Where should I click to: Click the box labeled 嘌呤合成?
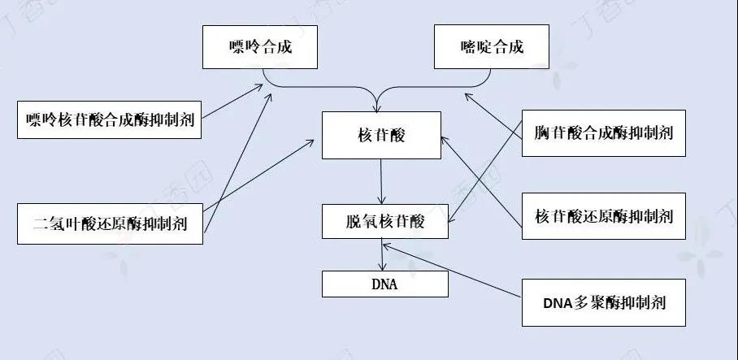[x=259, y=46]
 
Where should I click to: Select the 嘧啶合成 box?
[x=491, y=46]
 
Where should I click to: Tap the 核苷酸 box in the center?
[x=380, y=135]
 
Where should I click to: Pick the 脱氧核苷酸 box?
[x=384, y=220]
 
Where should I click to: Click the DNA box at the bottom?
[x=384, y=284]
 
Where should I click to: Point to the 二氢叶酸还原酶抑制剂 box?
[x=109, y=222]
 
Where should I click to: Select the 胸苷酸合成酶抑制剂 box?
[x=603, y=132]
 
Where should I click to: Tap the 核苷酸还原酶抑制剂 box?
[x=603, y=216]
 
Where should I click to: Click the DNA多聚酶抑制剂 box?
[x=603, y=303]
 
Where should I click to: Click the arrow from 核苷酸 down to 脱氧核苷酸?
[x=380, y=180]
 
